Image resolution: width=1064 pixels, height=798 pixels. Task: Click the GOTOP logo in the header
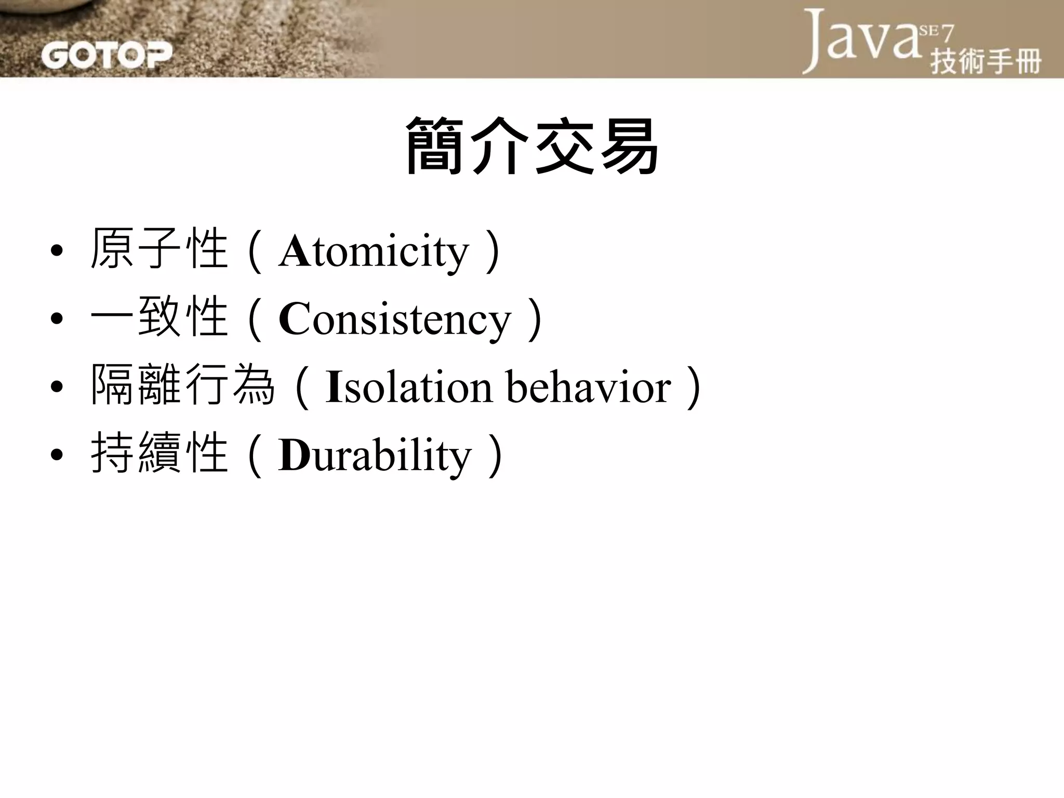point(106,55)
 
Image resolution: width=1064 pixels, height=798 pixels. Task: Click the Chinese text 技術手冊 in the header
point(986,62)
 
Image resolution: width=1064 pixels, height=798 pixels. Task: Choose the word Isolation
point(408,387)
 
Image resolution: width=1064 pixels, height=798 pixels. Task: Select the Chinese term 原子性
point(159,249)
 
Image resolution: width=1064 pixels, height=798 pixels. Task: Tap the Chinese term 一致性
point(159,317)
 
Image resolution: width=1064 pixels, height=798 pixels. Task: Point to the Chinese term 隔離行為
point(182,385)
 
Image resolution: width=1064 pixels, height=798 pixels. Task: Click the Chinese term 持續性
point(159,454)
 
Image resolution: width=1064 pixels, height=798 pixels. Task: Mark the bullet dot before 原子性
point(57,251)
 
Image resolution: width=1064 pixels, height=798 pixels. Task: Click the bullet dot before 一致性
point(57,318)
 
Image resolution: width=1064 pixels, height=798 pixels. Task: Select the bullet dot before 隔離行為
point(57,387)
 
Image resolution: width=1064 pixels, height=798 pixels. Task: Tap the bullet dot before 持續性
point(57,455)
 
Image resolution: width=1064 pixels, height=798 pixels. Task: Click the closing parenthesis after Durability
point(495,456)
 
